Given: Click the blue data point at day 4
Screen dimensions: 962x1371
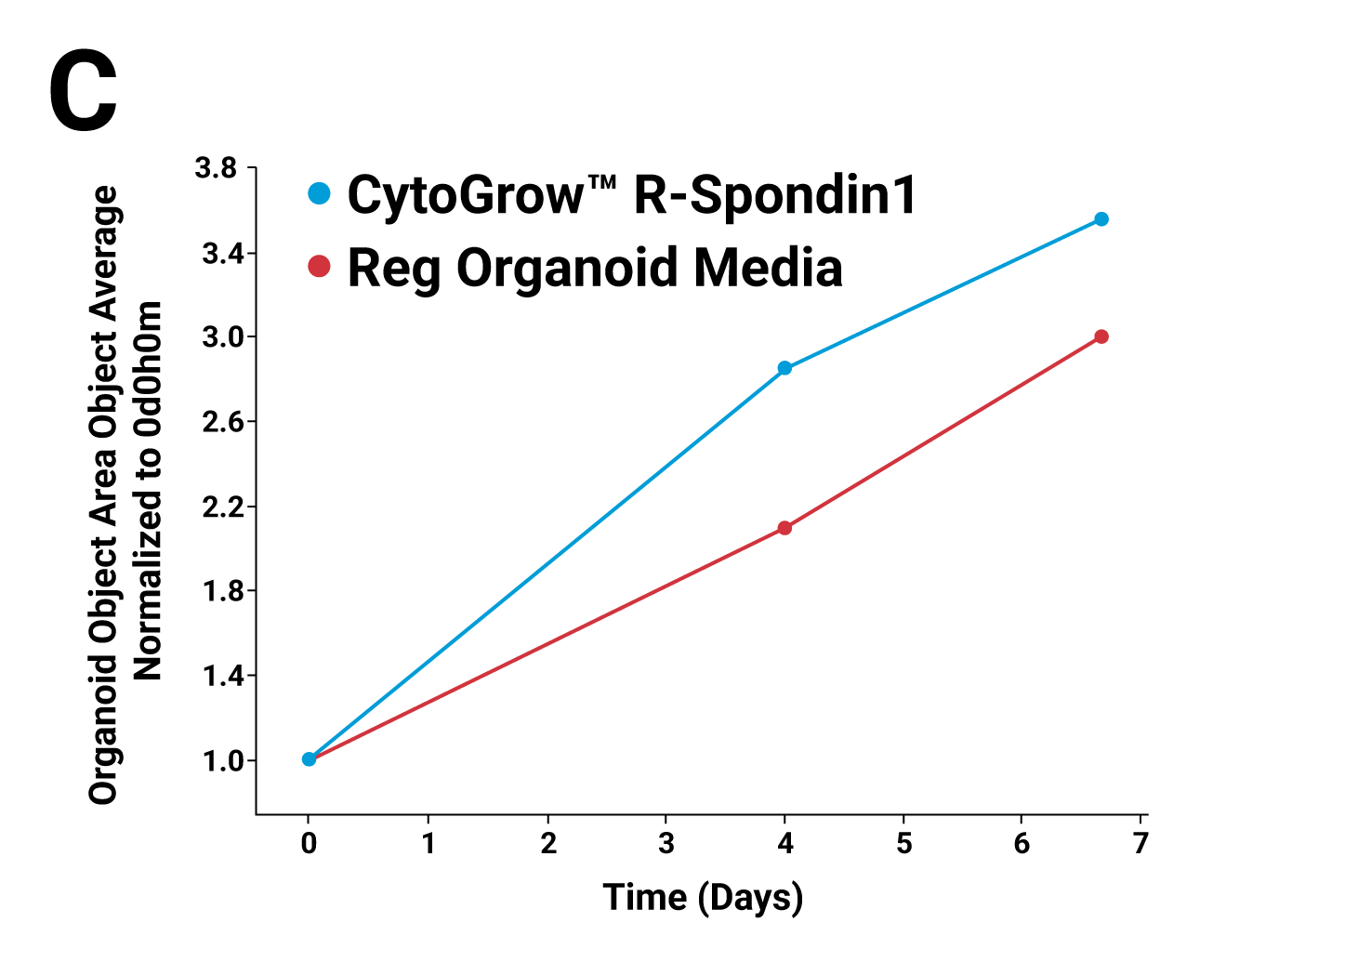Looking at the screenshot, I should (784, 368).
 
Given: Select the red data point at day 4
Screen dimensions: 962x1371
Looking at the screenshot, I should (784, 528).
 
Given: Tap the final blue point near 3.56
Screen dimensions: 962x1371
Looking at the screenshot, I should (1101, 219).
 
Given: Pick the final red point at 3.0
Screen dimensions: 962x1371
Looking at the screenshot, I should (1101, 336).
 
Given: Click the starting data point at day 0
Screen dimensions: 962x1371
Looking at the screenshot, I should (309, 759).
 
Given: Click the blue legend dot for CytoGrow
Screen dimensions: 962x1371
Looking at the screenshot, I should (320, 193).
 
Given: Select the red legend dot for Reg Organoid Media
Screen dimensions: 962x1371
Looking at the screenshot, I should (320, 267).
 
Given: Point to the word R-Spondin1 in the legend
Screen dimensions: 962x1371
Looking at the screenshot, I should (775, 195).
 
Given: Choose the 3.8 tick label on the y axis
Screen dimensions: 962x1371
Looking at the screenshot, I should (216, 168).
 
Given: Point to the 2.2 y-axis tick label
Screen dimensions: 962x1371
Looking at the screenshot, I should (222, 507).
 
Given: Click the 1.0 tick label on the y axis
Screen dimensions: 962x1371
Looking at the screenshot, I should (222, 761).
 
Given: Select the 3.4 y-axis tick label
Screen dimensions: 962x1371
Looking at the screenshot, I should (222, 253).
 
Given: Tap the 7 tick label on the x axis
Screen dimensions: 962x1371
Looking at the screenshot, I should (1140, 843).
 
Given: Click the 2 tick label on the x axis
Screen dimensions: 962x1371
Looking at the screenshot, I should (547, 843).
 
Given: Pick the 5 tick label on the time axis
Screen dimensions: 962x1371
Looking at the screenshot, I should (903, 843).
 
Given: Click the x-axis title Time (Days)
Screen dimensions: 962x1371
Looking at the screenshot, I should (703, 898).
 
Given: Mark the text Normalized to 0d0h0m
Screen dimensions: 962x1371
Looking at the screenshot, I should (148, 491).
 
